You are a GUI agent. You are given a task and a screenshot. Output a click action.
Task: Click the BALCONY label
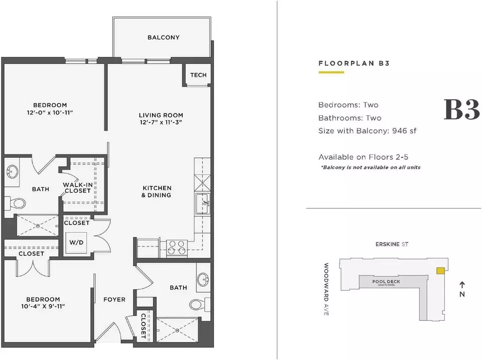163,38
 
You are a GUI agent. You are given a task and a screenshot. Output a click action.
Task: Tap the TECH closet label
198,75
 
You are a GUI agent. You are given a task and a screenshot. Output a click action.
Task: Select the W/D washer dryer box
76,242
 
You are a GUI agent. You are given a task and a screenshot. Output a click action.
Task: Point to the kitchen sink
203,203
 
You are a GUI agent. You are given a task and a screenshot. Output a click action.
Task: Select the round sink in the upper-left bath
12,171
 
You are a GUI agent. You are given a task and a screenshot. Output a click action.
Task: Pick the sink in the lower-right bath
203,279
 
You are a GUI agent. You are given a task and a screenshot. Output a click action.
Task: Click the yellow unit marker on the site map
440,271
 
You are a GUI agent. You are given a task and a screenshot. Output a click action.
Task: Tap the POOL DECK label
386,282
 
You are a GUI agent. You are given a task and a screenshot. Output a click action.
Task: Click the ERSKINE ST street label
392,245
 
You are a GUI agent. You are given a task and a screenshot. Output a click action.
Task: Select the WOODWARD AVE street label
326,289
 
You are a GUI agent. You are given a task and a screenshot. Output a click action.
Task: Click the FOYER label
114,299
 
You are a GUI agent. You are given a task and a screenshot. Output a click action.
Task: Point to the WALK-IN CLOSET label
78,188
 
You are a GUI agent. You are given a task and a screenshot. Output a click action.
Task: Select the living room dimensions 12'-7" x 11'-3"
161,123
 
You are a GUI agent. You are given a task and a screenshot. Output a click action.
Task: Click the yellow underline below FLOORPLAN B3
331,72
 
